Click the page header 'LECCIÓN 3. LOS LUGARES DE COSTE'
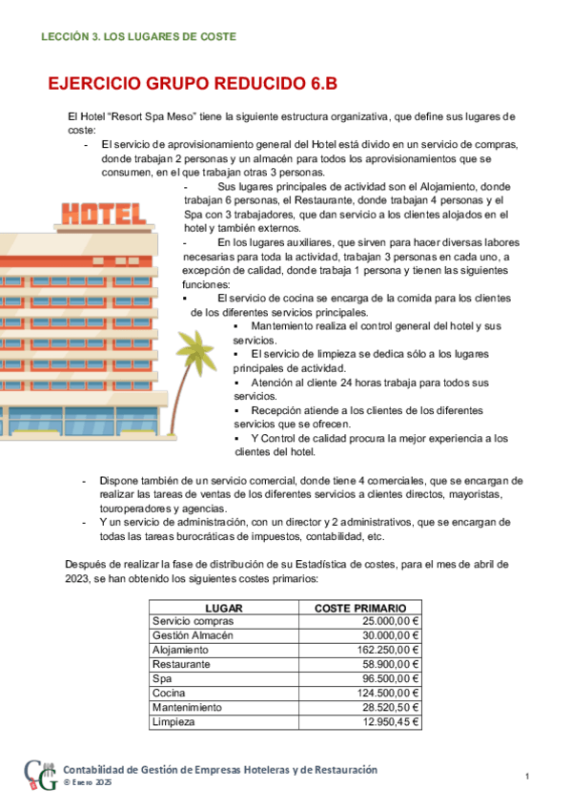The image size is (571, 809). [138, 36]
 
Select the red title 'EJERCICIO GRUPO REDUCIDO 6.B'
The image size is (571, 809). [193, 84]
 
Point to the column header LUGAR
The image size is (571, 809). [223, 608]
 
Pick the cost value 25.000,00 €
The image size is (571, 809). [386, 621]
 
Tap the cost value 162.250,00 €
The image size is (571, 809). [383, 650]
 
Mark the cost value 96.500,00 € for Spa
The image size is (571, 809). [386, 678]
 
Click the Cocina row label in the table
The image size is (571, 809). [169, 693]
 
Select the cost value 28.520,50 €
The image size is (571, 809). [386, 707]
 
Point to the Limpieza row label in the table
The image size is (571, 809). [173, 722]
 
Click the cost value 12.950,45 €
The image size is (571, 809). [386, 722]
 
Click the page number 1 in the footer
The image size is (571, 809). [527, 778]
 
